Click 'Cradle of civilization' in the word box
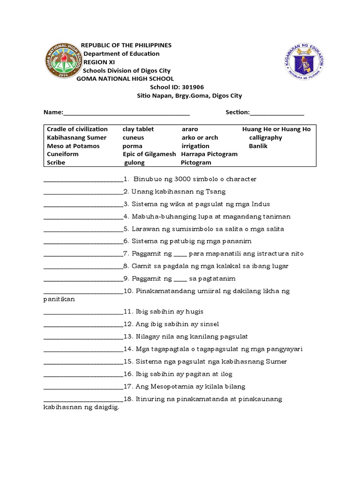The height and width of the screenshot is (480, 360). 77,129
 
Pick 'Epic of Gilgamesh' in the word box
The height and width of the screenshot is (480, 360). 149,154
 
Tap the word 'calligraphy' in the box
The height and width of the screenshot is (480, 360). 265,138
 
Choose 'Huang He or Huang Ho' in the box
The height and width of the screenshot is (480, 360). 277,129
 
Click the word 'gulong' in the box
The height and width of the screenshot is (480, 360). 135,163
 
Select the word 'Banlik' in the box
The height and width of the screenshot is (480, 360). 258,146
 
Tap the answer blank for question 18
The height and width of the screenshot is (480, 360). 83,400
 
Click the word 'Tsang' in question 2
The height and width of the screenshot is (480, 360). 217,192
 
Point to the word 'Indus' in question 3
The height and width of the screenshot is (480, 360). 260,204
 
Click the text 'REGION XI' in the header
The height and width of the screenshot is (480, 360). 98,62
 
